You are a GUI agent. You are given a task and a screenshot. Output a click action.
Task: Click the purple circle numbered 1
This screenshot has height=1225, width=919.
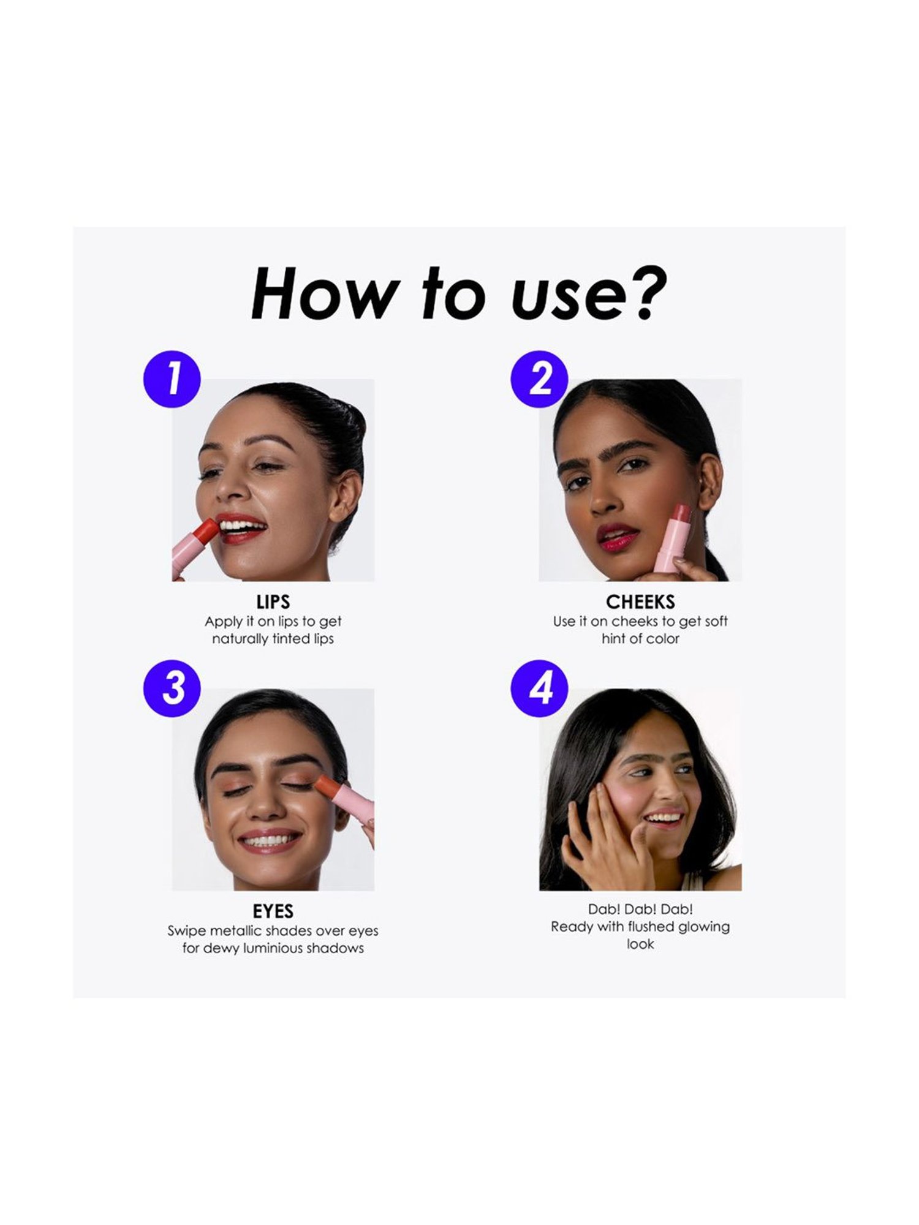pos(172,379)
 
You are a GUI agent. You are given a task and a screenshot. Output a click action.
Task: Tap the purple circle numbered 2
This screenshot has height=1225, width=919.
pos(540,379)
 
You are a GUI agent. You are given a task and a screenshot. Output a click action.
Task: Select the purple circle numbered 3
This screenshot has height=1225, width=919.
pos(172,688)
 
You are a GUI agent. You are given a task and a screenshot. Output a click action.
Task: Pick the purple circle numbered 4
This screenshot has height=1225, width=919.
pos(540,688)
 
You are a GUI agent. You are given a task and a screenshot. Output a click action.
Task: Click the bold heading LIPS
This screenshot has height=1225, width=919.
pos(273,602)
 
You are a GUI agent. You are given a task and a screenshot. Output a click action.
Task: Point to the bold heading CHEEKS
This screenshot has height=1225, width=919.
pos(640,602)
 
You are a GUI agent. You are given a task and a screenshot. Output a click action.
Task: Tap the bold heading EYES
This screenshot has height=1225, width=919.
pos(273,911)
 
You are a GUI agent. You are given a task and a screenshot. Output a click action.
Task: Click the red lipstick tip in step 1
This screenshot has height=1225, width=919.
pos(205,531)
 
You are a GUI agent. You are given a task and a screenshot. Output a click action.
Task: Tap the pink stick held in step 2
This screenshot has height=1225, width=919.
pos(673,540)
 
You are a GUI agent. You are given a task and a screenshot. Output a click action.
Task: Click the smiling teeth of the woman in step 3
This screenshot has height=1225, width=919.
pos(269,840)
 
